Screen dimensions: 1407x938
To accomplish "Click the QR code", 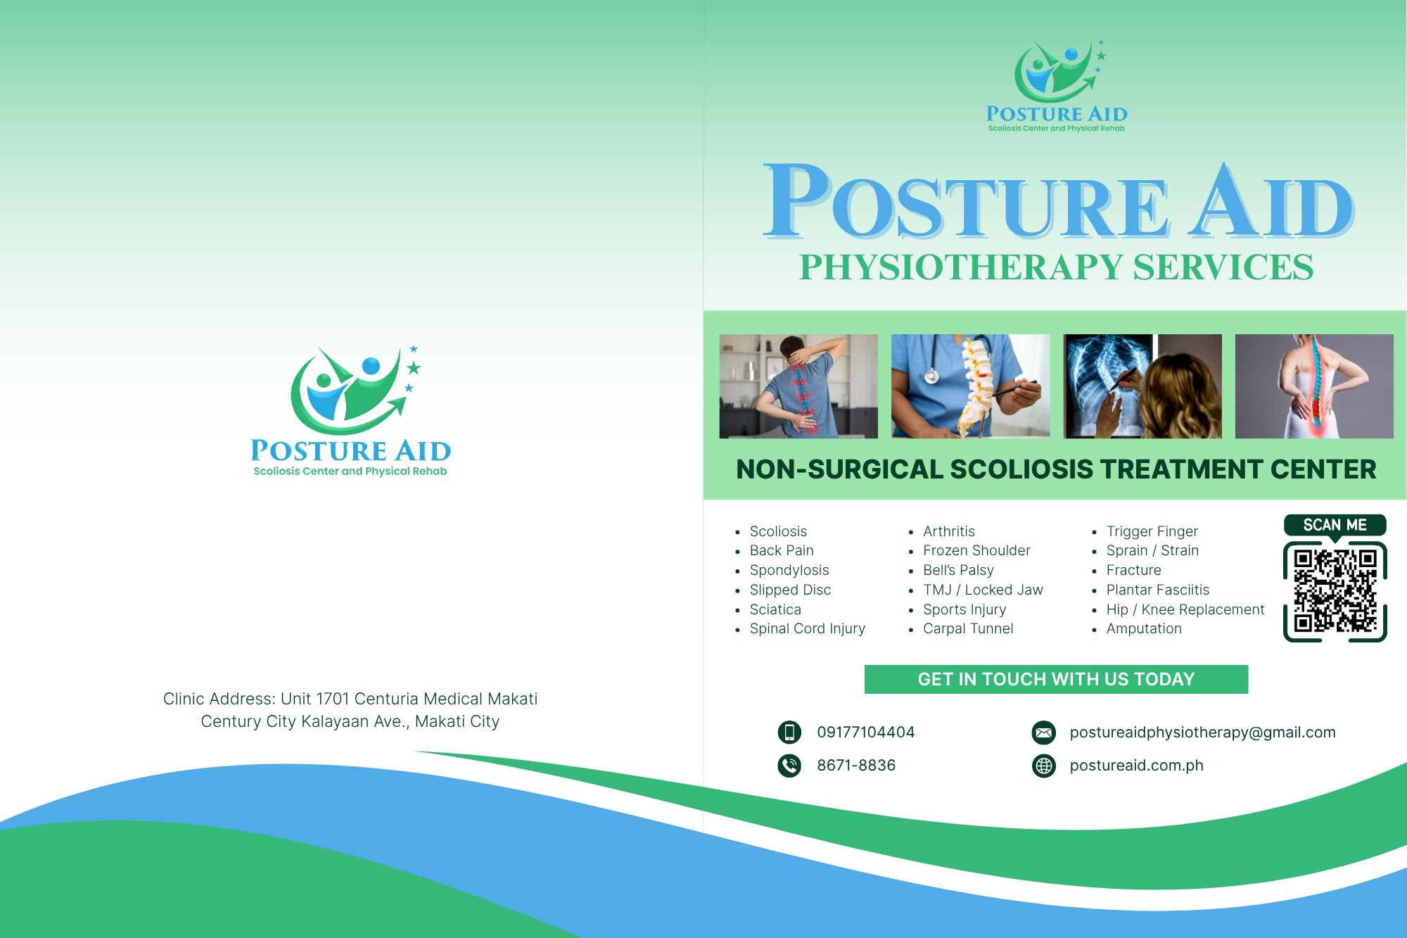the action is coord(1335,591).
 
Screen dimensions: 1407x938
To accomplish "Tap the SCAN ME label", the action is coord(1335,525).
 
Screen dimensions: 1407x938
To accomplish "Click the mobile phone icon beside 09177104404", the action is coord(789,732).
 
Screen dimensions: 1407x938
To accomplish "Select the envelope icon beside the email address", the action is coord(1044,733).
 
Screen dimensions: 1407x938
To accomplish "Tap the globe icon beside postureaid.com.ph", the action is coord(1044,766).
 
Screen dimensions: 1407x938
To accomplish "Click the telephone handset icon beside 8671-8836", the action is coord(789,766).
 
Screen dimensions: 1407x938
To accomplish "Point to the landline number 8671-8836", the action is coord(856,766).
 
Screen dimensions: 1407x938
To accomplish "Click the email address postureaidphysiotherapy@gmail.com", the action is coord(1202,733).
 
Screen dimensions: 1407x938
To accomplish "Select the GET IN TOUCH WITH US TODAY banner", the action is coord(1056,679).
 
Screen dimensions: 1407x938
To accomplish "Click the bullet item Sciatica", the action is coord(775,609).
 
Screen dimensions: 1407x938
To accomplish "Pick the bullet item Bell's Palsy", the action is coord(958,570).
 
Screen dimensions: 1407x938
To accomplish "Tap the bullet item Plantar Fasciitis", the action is coord(1157,590).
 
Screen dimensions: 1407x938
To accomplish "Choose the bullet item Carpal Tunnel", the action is coord(968,628).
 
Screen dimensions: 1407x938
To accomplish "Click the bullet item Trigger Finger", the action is coord(1152,531).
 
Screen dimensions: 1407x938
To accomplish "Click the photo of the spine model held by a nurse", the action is coord(971,386).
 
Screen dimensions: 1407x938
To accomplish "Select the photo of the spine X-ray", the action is coord(1142,386).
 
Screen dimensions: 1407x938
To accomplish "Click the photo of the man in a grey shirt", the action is coord(798,386).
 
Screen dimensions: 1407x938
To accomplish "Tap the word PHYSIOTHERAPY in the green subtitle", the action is coord(961,267).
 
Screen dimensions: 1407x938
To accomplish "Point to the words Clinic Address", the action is coord(219,699).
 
